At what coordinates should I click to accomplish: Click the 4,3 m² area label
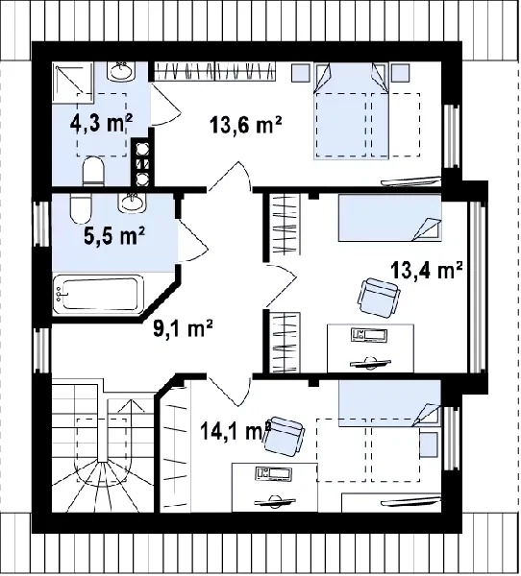tap(101, 124)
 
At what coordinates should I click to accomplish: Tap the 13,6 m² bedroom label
tap(246, 125)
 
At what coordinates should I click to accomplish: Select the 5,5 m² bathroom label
tap(114, 236)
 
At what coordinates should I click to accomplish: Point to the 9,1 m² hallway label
tap(183, 328)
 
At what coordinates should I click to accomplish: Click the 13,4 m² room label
tap(427, 270)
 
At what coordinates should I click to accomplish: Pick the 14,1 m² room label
tap(236, 430)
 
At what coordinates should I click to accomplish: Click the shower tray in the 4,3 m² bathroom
tap(73, 83)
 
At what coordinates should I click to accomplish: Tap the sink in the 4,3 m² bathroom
tap(121, 71)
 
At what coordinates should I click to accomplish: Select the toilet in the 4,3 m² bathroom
tap(93, 171)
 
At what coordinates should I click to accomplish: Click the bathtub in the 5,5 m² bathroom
tap(97, 295)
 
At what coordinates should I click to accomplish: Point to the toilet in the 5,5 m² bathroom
tap(80, 208)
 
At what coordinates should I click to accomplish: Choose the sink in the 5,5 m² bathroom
tap(132, 203)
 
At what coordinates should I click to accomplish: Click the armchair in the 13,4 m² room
tap(378, 298)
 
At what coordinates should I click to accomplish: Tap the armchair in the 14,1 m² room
tap(284, 437)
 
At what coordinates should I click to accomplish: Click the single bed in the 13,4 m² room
tap(389, 218)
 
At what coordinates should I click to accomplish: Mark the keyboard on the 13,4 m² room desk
tap(369, 335)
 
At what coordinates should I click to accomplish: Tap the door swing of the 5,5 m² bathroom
tap(193, 241)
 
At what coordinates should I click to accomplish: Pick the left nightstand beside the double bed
tap(301, 73)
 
